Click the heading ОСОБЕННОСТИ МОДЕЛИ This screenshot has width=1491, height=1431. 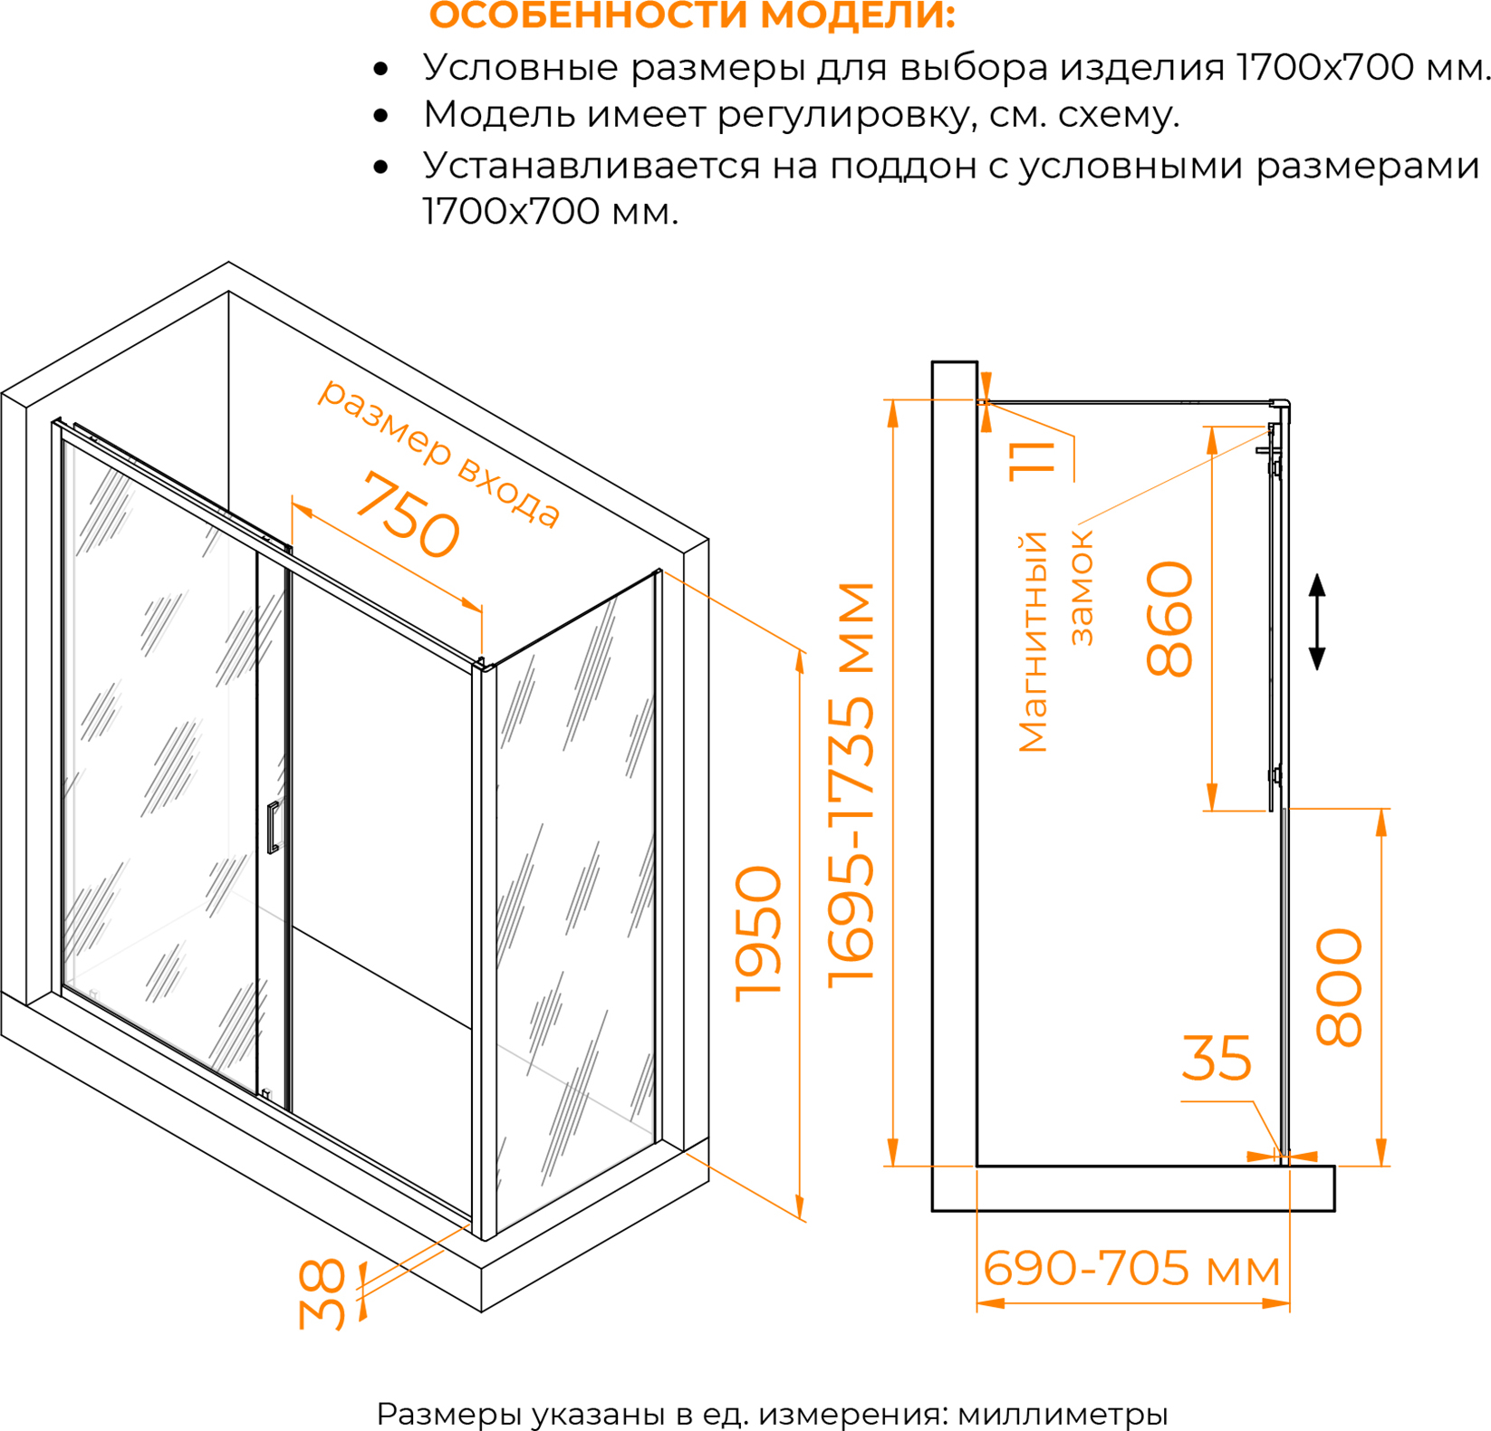[692, 15]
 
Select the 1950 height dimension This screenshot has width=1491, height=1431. [758, 934]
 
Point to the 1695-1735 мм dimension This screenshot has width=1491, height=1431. [851, 783]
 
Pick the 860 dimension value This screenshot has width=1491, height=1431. [1169, 619]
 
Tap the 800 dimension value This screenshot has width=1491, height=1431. [1339, 987]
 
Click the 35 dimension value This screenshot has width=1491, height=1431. [1217, 1057]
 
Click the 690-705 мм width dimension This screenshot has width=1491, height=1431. [1132, 1268]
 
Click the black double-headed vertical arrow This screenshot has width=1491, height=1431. [1318, 621]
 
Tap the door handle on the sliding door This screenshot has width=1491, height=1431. [274, 827]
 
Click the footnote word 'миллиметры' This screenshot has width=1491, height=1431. [1063, 1413]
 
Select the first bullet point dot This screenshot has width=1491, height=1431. [380, 69]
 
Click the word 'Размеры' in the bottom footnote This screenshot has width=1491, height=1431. [448, 1414]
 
